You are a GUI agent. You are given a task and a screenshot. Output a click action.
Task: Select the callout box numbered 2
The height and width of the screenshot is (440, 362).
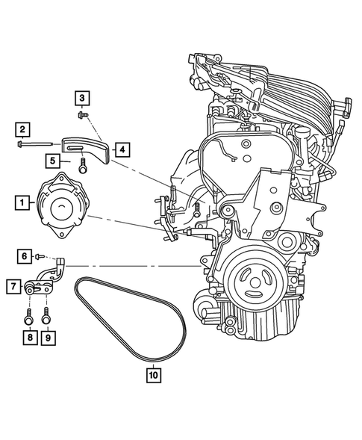25,128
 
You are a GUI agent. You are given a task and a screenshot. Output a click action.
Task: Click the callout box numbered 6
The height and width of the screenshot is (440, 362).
25,256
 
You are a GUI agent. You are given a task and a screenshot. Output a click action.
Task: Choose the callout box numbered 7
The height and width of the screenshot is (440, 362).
14,285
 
